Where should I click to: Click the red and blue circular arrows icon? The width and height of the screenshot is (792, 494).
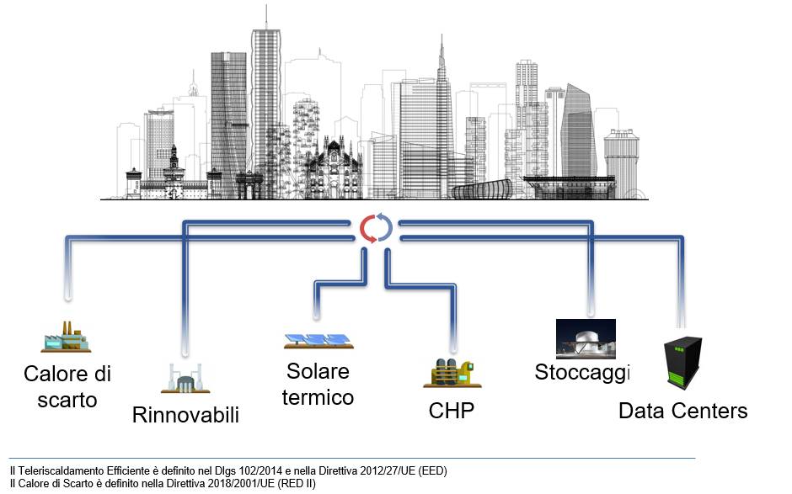(376, 228)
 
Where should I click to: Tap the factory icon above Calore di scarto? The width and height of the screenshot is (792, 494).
(67, 337)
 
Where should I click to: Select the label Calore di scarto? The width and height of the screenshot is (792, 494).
(67, 387)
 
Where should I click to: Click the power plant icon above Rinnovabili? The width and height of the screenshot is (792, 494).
(185, 379)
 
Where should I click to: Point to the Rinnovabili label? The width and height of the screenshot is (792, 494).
(185, 415)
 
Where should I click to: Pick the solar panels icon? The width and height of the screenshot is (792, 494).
(318, 341)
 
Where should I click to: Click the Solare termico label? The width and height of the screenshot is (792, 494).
(318, 385)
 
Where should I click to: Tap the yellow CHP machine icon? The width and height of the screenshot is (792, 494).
(452, 373)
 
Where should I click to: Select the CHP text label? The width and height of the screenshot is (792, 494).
(451, 411)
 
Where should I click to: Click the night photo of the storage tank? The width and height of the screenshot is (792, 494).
(586, 338)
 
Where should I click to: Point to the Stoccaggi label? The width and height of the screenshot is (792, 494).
(582, 372)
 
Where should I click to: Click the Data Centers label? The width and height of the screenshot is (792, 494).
(683, 411)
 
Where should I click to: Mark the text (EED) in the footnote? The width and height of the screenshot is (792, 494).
(433, 470)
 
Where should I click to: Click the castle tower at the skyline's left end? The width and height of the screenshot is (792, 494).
(134, 183)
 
